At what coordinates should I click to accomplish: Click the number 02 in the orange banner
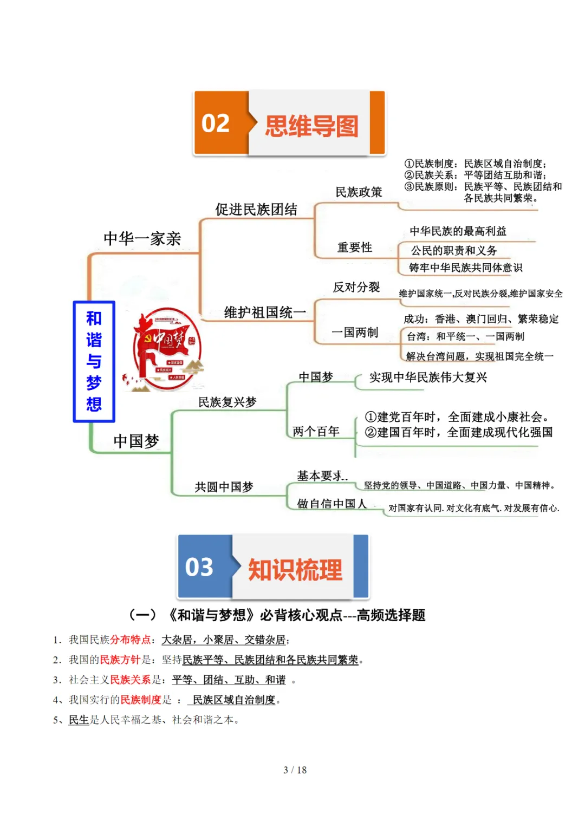point(216,123)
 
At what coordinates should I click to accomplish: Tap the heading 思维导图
point(311,126)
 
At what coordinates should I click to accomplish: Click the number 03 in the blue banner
point(199,567)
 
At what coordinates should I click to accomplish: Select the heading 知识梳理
point(295,570)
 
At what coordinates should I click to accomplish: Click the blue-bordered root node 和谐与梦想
point(94,361)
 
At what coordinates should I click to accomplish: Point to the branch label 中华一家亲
point(142,238)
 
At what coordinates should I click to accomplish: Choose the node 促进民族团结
point(256,210)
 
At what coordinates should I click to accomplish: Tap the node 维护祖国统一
point(265,312)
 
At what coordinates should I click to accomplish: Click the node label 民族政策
point(359,192)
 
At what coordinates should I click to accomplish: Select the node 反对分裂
point(356,287)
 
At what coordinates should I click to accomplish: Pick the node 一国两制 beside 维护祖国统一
point(355,333)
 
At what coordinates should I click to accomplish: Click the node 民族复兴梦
point(227,402)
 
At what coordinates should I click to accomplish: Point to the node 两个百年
point(316,432)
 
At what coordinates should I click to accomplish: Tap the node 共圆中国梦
point(224,487)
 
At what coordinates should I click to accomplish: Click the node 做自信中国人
point(331,504)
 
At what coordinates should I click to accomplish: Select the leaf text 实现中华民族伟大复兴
point(428,377)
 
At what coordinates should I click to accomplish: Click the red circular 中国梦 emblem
point(167,349)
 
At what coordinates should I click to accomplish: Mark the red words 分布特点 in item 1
point(130,640)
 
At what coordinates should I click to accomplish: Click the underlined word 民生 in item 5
point(79,720)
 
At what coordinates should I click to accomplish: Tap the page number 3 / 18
point(295,770)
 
